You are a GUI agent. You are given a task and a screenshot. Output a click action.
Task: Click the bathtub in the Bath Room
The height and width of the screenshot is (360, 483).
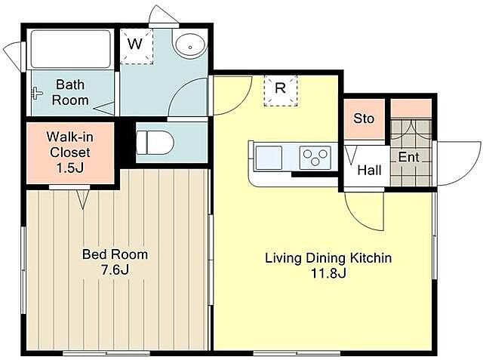click(70, 49)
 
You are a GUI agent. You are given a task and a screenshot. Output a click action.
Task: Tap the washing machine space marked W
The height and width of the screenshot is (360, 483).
click(137, 46)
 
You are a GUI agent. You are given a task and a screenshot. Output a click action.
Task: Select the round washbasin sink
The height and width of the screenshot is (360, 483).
click(189, 45)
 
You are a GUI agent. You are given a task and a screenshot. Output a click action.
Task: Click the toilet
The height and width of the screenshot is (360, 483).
click(155, 143)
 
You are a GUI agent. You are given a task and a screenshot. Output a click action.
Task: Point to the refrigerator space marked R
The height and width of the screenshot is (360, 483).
click(281, 91)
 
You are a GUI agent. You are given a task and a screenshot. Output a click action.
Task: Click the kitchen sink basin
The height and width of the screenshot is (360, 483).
click(269, 158)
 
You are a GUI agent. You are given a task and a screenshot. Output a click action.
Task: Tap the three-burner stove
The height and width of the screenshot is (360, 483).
click(315, 158)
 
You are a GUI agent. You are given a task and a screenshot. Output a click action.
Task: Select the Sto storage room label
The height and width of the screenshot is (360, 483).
click(364, 118)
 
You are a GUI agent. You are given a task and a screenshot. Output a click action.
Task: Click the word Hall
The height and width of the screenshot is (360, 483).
click(369, 170)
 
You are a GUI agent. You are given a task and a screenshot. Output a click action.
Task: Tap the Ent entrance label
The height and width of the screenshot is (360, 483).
click(409, 157)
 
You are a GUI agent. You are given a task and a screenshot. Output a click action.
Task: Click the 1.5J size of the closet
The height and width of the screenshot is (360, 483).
click(70, 168)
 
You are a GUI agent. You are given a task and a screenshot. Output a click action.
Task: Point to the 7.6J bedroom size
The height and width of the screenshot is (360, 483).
click(115, 269)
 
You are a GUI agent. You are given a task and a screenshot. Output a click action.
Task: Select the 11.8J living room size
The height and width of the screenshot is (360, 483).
click(329, 273)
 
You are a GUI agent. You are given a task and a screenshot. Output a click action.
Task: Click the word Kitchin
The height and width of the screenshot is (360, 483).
click(372, 258)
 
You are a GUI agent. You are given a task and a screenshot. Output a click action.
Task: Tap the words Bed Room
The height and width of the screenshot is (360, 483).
click(115, 254)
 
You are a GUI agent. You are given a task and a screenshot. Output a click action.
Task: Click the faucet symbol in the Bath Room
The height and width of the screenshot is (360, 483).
click(37, 93)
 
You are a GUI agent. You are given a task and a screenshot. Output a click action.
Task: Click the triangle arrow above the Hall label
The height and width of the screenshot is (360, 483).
click(350, 155)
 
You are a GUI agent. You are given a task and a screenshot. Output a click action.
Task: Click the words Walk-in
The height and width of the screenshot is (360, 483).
click(70, 137)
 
